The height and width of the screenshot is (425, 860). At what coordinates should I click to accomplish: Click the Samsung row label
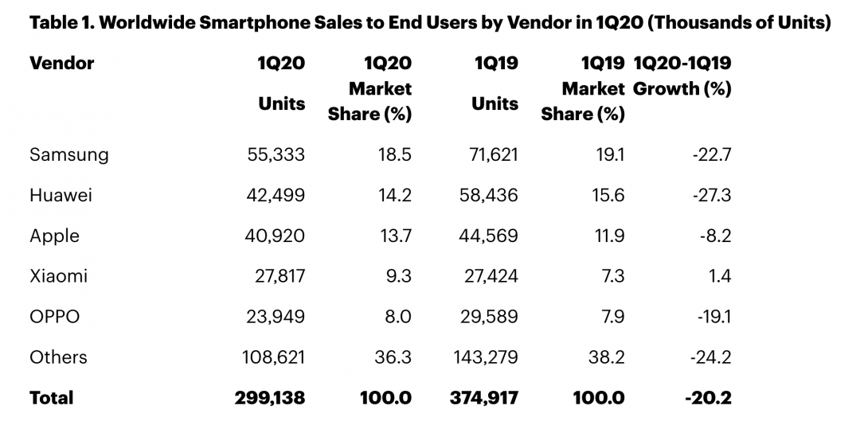point(68,154)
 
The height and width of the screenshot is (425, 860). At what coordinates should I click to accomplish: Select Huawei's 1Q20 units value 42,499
point(274,195)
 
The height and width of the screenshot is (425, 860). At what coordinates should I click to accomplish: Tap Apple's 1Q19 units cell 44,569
point(486,236)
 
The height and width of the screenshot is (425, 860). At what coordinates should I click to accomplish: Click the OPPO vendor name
point(54,317)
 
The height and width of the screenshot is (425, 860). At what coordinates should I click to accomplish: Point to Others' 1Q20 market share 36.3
point(393,357)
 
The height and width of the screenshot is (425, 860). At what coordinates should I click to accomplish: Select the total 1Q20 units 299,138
point(269,398)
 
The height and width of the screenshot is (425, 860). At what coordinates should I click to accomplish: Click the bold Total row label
point(51,398)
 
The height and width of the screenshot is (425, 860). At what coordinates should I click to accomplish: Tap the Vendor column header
point(61,63)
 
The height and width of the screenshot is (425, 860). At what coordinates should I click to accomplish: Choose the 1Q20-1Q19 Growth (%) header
point(682,76)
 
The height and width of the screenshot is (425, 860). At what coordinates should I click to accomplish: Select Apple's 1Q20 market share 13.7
point(393,236)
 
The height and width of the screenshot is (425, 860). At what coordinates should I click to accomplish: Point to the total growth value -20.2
point(708,398)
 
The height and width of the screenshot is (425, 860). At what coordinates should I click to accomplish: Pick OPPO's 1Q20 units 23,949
point(274,317)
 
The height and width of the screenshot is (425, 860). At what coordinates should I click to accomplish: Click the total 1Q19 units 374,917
point(483,398)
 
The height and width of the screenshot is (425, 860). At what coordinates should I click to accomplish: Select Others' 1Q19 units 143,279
point(482,357)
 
